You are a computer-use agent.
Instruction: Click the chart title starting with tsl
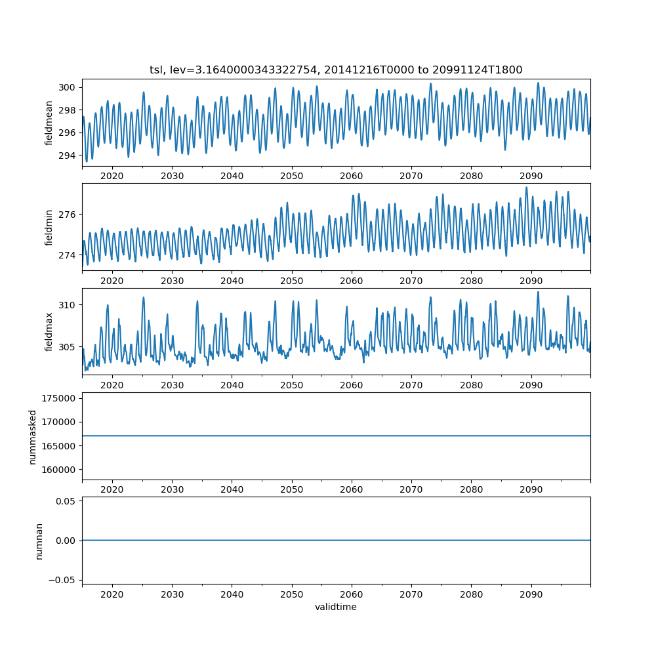336,70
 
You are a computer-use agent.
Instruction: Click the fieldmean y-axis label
49,123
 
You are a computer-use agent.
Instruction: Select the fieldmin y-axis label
49,227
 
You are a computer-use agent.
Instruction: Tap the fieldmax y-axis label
49,332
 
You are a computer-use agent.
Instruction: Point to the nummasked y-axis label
33,437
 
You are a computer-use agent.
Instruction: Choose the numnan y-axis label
39,541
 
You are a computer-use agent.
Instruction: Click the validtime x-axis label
336,607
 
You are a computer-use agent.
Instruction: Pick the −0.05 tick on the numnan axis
63,579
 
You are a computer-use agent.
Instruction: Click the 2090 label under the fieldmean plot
531,176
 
